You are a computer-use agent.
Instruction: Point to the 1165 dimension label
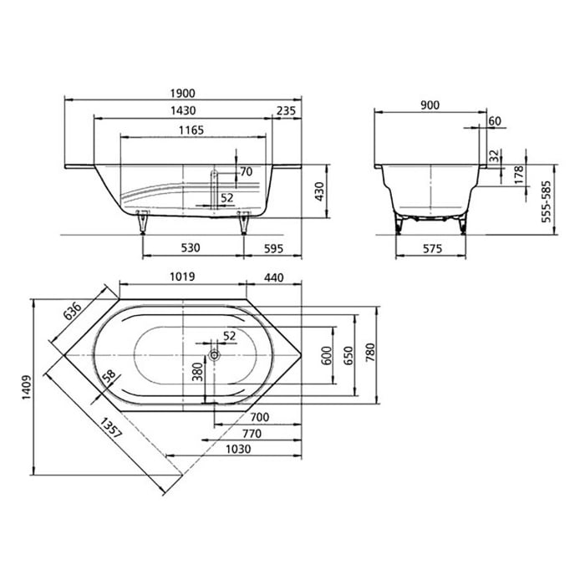[189, 130]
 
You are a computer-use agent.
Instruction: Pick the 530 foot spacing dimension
[192, 248]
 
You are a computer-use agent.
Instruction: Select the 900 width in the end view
[430, 104]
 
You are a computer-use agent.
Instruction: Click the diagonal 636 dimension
[73, 311]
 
